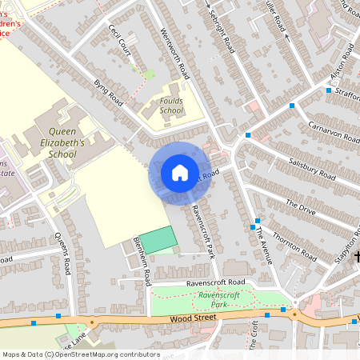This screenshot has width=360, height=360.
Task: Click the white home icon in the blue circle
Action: point(180,173)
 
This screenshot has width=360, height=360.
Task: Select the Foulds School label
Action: point(171,106)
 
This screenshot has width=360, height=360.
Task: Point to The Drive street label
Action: point(302,206)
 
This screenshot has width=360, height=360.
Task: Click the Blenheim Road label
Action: point(142,261)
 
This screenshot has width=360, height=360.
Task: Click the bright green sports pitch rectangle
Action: point(160,239)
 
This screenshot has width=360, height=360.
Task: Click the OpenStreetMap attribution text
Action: point(80,354)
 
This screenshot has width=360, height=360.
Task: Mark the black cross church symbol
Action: point(357,257)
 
